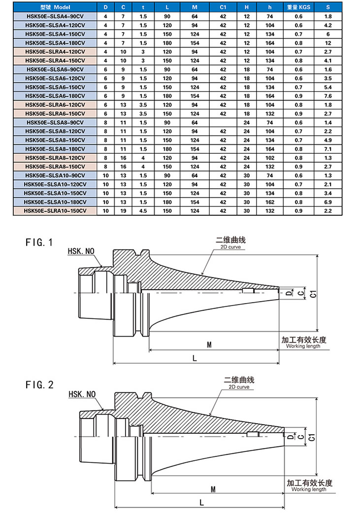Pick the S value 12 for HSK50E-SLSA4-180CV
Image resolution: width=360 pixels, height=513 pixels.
328,43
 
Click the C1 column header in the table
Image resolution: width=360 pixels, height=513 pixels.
223,8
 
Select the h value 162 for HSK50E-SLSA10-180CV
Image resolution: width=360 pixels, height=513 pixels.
269,202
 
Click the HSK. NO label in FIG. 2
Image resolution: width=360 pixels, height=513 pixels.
82,394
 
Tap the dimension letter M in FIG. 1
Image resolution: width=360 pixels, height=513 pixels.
209,345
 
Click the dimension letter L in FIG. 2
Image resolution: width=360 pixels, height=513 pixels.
202,501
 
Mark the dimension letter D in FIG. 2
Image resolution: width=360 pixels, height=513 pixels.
291,436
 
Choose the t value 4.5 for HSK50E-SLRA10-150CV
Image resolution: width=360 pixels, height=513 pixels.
143,211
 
